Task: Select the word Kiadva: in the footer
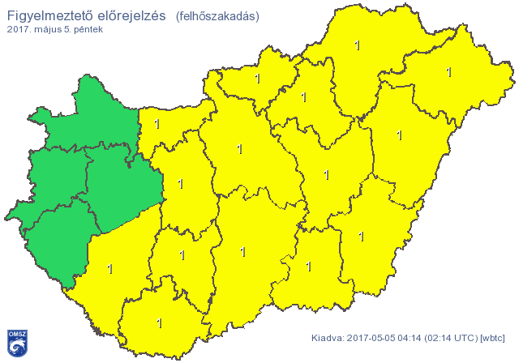tap(328, 337)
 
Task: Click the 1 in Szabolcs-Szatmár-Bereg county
tap(448, 72)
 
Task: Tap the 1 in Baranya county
tap(159, 323)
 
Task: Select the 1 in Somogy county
tap(109, 268)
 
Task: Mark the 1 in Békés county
tap(362, 237)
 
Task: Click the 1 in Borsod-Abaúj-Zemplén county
tap(358, 46)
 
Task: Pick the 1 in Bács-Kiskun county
tap(243, 252)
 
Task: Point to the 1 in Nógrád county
tap(258, 79)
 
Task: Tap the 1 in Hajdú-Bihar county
tap(399, 135)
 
